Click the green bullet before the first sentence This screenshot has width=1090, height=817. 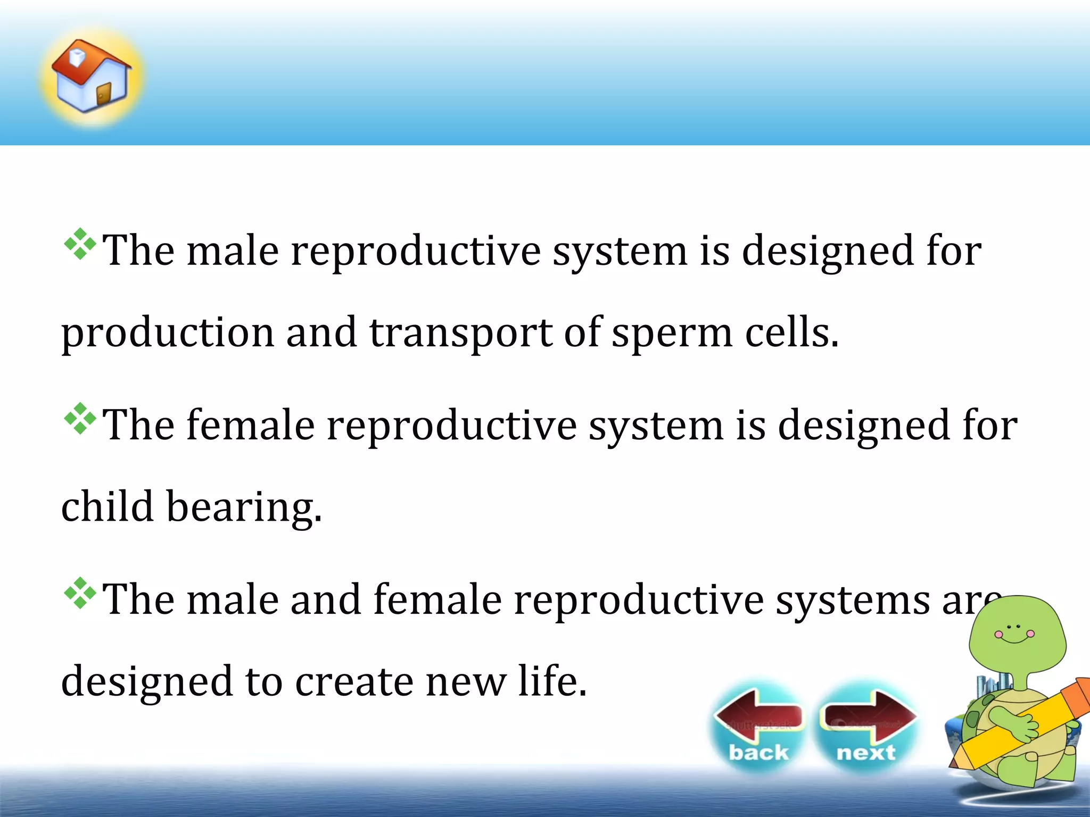(80, 244)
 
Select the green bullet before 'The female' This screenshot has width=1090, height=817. (80, 419)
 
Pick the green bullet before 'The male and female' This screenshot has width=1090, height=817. (80, 593)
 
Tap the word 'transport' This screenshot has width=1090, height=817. (461, 333)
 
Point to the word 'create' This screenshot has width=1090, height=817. (354, 682)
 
